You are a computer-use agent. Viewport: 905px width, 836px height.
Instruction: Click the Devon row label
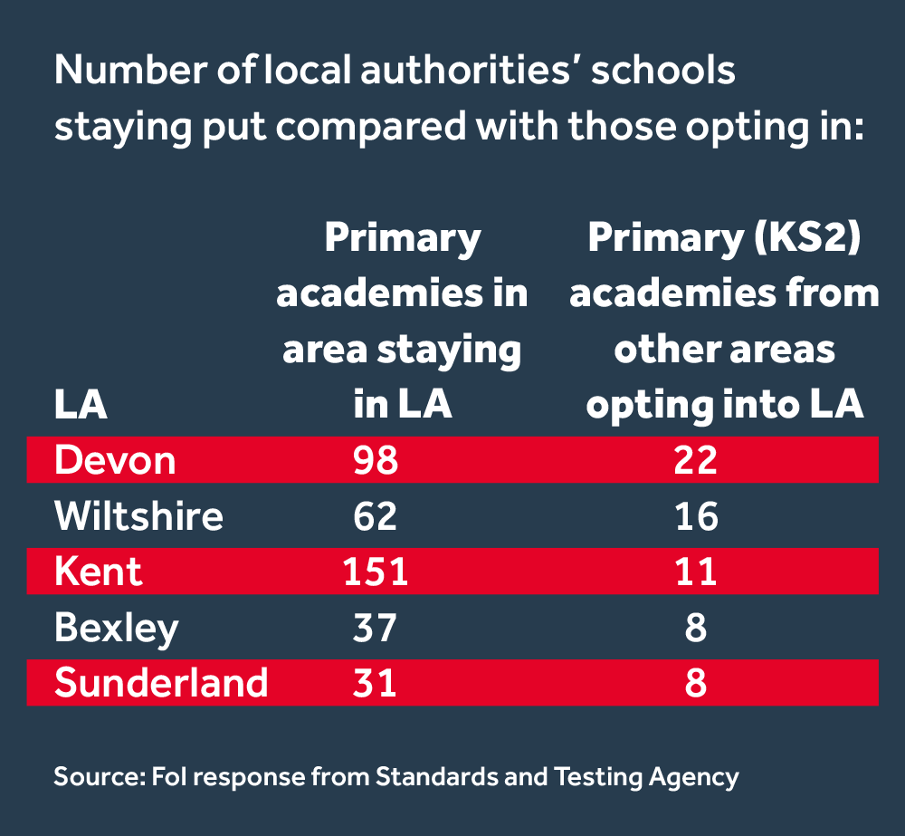(115, 460)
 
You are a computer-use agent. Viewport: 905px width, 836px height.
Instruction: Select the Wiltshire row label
(138, 516)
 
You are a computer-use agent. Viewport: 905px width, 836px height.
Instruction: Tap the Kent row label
(98, 572)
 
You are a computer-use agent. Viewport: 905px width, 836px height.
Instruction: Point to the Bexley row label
(117, 628)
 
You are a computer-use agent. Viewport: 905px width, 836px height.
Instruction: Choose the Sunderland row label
(161, 682)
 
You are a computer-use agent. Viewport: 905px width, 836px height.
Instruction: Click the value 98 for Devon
(375, 460)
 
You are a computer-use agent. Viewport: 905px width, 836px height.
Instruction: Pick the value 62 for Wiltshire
(375, 516)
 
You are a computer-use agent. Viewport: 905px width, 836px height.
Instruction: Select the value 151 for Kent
(375, 572)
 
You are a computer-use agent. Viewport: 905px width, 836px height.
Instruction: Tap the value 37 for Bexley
(375, 627)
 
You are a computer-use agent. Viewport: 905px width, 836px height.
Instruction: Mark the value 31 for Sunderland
(375, 682)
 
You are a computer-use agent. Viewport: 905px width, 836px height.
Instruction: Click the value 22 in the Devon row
(695, 460)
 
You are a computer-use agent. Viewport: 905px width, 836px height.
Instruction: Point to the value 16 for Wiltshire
(695, 516)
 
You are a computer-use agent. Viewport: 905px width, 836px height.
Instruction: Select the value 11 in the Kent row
(695, 572)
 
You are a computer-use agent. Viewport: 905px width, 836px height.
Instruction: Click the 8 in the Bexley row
(695, 627)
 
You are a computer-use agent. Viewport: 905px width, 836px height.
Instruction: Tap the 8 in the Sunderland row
(695, 682)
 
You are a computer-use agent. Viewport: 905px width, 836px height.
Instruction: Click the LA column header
(81, 405)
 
